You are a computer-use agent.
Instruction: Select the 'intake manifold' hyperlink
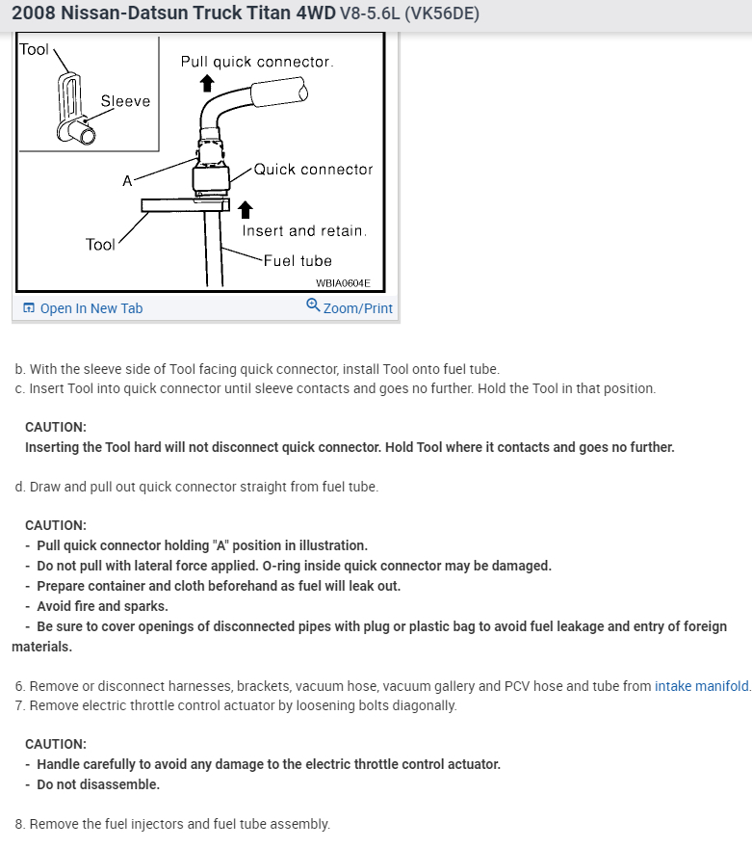click(x=701, y=686)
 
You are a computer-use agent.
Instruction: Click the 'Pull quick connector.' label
click(x=257, y=62)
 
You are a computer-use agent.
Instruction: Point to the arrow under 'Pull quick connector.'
click(x=205, y=84)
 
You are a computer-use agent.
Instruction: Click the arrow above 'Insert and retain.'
click(x=246, y=209)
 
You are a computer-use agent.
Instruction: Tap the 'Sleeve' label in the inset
click(x=125, y=101)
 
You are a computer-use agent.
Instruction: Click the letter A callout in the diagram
click(x=126, y=180)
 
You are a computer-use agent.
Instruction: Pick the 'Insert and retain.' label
click(x=304, y=231)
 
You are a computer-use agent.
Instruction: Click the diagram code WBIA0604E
click(x=343, y=283)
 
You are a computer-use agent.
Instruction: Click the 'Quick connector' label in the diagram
click(x=313, y=170)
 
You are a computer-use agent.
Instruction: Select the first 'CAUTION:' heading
click(x=56, y=426)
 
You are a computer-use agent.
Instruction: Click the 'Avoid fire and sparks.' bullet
click(x=102, y=606)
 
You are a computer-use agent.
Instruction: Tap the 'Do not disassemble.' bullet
click(x=98, y=783)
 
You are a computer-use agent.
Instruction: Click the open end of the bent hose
click(x=302, y=92)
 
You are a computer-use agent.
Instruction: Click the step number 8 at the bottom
click(x=20, y=824)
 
